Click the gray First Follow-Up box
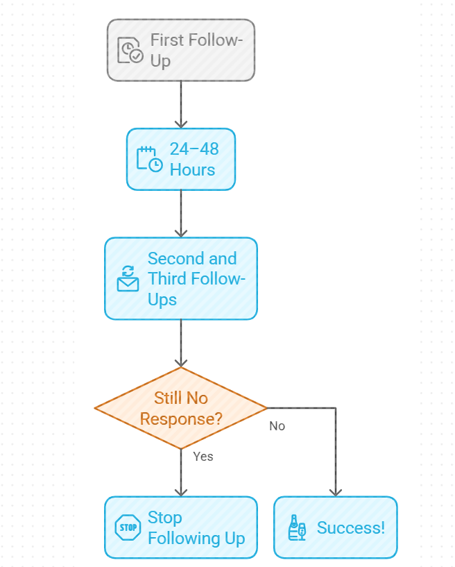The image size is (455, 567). coord(180,50)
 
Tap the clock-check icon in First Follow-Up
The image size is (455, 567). coord(130,51)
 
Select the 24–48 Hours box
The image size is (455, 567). coord(180,159)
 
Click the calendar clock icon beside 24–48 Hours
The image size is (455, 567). coord(149,159)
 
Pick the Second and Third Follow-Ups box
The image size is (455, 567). coord(180,278)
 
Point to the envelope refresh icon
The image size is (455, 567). coord(128,278)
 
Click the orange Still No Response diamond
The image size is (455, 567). coord(180,408)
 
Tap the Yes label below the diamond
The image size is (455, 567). coord(203,456)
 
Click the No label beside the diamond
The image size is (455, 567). coord(277,426)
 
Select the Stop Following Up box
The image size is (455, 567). coord(180,527)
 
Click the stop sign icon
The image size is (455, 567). coord(128,527)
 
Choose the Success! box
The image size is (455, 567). coord(335,527)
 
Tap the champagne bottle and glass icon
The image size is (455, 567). coord(296,528)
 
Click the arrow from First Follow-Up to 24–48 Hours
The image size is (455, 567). coord(180,104)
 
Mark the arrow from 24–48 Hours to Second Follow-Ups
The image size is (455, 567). coord(180,213)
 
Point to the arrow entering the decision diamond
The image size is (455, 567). coord(180,344)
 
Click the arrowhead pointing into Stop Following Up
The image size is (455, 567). coord(180,491)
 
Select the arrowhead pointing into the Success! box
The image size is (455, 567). coord(335,491)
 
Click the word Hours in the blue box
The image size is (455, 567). coord(192,169)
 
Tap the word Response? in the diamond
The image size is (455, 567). coord(180,418)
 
